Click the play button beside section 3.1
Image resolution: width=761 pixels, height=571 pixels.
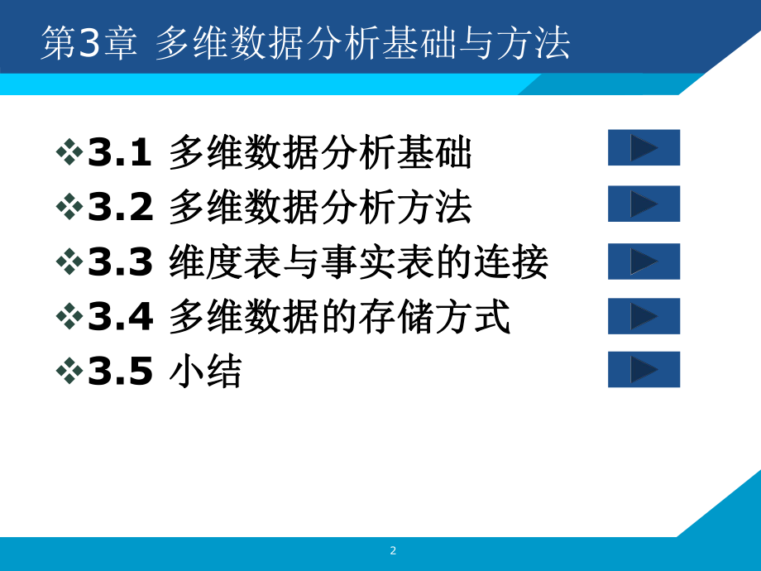point(644,147)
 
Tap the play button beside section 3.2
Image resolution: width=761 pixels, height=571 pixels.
point(644,204)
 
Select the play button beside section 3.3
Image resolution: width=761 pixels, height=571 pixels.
point(644,261)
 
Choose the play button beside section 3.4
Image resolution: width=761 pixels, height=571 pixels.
point(644,316)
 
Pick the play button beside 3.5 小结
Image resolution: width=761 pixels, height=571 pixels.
point(644,369)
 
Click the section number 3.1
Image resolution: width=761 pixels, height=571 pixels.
point(121,153)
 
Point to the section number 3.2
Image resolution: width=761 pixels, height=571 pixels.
point(121,208)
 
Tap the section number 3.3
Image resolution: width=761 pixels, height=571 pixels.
point(121,263)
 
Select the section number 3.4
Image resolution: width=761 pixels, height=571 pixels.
point(121,318)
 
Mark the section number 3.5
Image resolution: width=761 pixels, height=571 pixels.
point(121,373)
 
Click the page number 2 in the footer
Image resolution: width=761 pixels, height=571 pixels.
point(393,551)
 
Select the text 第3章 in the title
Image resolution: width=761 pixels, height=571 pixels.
point(89,44)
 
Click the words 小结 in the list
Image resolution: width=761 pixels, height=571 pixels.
point(205,373)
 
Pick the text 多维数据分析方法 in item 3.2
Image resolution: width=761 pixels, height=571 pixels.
point(320,208)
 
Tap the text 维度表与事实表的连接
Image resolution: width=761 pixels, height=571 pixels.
point(357,263)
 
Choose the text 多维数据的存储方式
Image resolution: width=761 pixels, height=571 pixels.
point(339,318)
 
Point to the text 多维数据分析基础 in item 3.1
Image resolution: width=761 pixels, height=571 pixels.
point(320,153)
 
